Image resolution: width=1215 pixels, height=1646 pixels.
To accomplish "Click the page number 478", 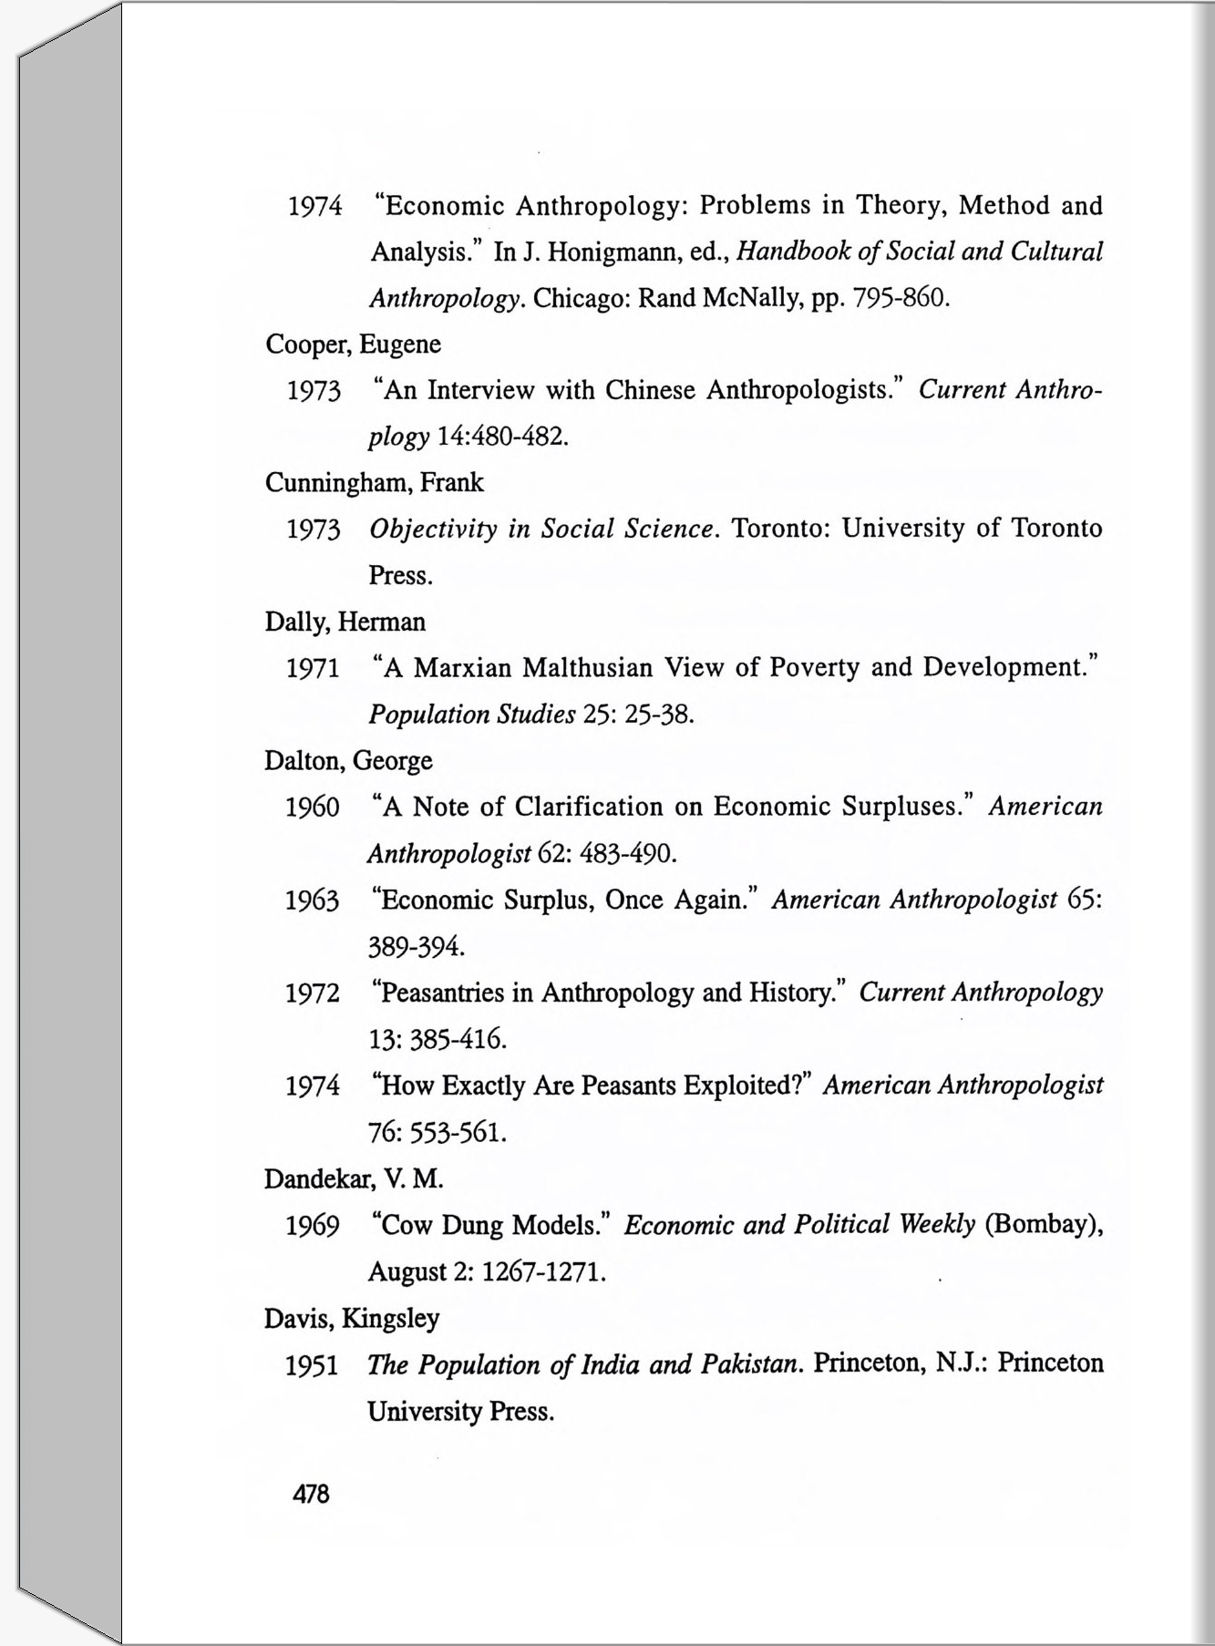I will [311, 1494].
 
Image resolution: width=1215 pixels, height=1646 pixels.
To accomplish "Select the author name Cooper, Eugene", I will [353, 345].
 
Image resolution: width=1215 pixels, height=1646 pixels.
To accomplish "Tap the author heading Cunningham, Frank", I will [374, 483].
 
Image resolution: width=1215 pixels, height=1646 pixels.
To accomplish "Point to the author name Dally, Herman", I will [345, 622].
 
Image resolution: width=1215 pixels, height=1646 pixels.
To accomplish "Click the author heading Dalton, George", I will [348, 761].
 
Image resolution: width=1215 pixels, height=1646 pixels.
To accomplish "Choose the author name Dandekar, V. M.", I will [354, 1179].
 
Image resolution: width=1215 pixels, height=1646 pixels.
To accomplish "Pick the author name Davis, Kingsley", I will [352, 1319].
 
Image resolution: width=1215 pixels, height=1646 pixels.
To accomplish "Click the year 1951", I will [312, 1366].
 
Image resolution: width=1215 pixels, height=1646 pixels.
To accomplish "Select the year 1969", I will [313, 1227].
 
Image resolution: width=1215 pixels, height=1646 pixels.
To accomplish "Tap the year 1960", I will [313, 808].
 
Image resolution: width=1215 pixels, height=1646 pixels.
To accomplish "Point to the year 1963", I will [313, 901].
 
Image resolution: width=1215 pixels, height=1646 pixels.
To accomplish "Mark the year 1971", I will [313, 669].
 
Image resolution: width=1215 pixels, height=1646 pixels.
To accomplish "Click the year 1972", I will [313, 994].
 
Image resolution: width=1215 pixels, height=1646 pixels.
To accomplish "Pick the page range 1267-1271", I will [543, 1271].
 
